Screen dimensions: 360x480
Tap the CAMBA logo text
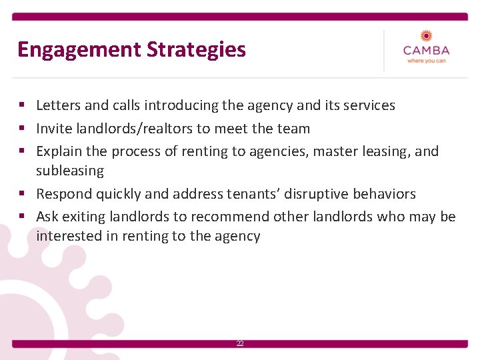click(426, 51)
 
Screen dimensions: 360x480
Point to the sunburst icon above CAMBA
click(426, 35)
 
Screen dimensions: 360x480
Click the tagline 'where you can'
click(426, 61)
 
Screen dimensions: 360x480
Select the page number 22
click(240, 343)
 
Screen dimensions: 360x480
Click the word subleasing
click(70, 171)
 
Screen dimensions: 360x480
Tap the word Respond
click(64, 194)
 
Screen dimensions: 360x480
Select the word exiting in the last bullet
click(81, 217)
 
